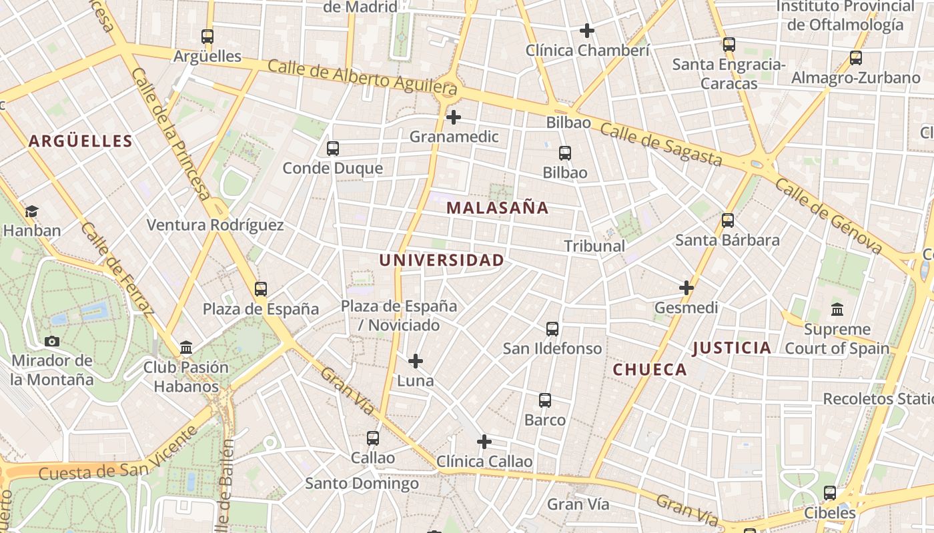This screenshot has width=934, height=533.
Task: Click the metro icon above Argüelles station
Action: coord(207,37)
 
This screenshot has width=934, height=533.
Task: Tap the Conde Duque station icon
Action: coord(333,149)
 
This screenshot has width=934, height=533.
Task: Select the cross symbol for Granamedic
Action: coord(454,117)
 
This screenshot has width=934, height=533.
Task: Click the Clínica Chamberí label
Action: coord(587,51)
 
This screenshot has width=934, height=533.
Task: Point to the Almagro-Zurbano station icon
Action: coord(856,58)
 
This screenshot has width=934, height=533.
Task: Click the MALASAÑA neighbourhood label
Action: coord(497,208)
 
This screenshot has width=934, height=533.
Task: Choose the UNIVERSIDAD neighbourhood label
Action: coord(442,261)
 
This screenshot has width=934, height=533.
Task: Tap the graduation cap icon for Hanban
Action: coord(31,212)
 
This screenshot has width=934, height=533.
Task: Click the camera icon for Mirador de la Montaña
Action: coord(52,342)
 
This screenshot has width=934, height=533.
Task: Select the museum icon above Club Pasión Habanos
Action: coord(186,348)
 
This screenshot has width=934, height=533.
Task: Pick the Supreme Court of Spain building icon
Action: coord(837,310)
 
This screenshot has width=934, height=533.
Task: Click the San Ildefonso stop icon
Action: coord(552,329)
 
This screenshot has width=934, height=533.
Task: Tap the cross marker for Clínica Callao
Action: coord(484,442)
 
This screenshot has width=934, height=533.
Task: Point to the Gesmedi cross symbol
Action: coord(686,288)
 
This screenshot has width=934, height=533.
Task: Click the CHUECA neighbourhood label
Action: coord(650,370)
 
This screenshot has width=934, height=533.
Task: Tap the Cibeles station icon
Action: coord(830,493)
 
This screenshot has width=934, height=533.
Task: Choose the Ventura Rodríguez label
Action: coord(215,225)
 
